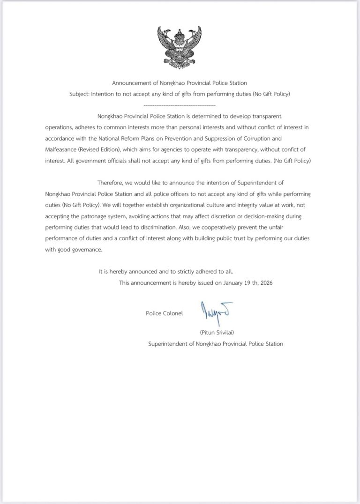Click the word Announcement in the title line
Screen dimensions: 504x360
(x=132, y=83)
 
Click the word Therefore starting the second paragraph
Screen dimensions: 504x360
(x=112, y=183)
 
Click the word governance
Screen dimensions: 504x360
(x=86, y=250)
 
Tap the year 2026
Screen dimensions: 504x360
(x=265, y=283)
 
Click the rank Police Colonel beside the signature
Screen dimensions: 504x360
(x=164, y=313)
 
